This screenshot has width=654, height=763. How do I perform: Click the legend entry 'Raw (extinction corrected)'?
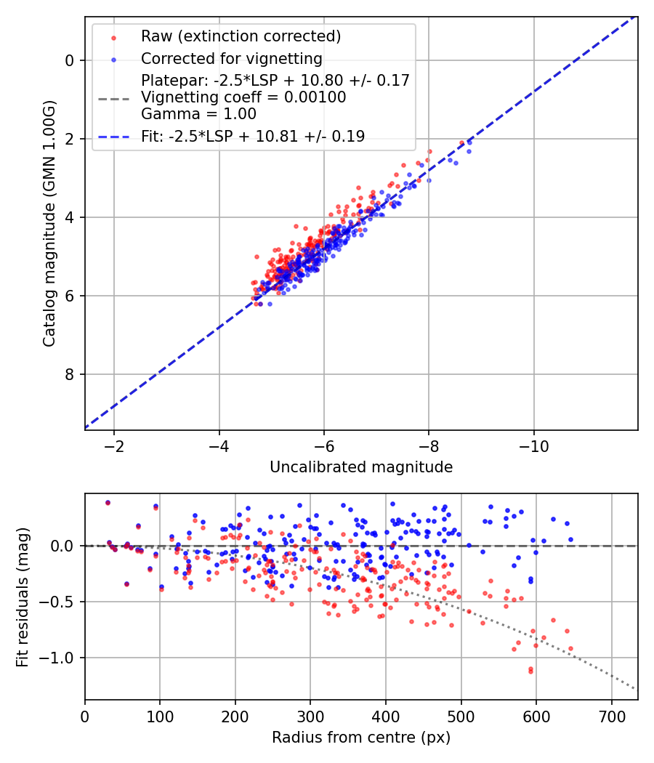point(241,36)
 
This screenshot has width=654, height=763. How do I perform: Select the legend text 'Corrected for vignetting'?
point(231,58)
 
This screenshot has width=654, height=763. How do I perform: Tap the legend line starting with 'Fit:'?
point(253,136)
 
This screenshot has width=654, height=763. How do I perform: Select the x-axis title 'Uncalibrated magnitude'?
point(361,467)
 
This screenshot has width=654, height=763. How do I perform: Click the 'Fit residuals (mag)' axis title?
point(23,597)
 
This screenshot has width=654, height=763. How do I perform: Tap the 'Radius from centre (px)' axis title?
point(361,738)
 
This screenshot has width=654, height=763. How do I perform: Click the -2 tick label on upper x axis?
point(113,444)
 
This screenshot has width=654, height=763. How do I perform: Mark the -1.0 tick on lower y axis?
point(60,658)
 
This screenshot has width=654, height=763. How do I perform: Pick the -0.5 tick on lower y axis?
point(60,602)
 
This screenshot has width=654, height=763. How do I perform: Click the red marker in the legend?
point(113,36)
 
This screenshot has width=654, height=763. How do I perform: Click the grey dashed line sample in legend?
point(113,97)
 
